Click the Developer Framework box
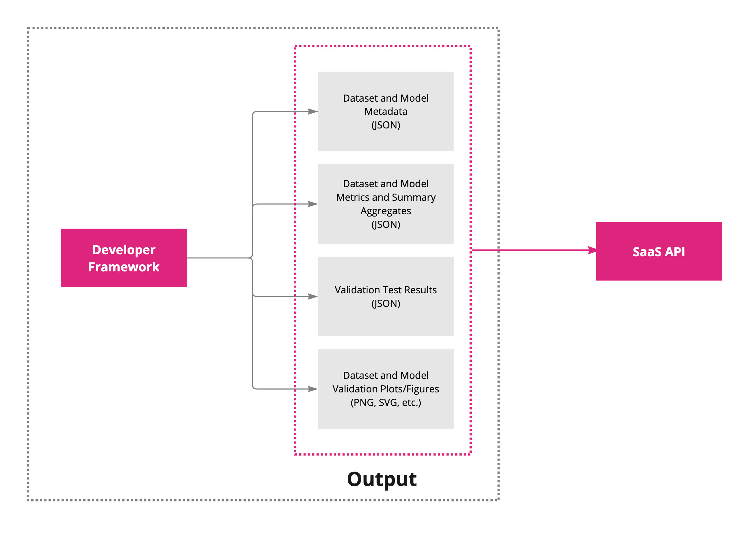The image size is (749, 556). point(124,258)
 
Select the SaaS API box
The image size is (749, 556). point(659,251)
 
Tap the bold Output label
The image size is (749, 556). point(381,479)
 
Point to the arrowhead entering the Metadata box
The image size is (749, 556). point(313,111)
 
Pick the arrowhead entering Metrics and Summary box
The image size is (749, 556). point(313,204)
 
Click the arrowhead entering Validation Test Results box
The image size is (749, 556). point(313,297)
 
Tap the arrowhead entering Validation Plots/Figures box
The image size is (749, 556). point(313,389)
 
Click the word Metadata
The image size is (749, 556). point(385,111)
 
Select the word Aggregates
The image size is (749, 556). point(385,211)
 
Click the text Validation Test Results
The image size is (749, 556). point(385,290)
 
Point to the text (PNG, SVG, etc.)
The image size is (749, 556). point(385,402)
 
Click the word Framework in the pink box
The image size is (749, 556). point(124,267)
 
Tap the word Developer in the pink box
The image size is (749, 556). point(124,250)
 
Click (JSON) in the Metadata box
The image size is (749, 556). point(385,125)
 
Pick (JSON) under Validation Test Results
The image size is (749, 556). point(385,304)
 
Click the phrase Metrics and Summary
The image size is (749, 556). point(385,197)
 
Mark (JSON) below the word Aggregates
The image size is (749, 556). point(385,225)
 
